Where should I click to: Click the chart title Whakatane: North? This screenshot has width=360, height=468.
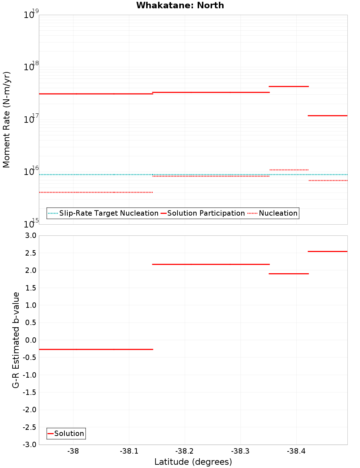(x=180, y=5)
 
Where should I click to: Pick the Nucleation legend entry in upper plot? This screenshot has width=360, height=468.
(x=273, y=213)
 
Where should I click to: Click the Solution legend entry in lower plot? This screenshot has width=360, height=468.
(x=66, y=434)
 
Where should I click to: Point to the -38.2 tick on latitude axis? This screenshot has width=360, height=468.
(x=185, y=451)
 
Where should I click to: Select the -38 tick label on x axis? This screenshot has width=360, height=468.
(x=73, y=451)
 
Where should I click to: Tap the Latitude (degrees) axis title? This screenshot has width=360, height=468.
(x=193, y=462)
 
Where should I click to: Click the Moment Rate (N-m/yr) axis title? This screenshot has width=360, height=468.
(x=6, y=120)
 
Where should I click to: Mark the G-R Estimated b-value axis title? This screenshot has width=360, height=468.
(x=16, y=340)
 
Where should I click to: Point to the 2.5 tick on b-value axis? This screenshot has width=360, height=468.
(x=30, y=253)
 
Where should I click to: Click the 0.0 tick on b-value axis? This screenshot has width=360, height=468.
(x=30, y=340)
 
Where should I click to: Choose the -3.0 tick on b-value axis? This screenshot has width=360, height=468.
(x=29, y=445)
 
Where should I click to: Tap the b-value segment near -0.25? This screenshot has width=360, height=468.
(x=96, y=349)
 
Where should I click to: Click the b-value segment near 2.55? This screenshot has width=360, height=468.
(x=328, y=251)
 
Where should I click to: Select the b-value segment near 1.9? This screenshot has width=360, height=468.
(x=289, y=274)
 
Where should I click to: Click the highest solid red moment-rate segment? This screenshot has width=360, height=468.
(x=289, y=86)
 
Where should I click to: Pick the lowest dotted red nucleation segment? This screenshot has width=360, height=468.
(x=96, y=192)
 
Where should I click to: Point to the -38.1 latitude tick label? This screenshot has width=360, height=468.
(x=129, y=451)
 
